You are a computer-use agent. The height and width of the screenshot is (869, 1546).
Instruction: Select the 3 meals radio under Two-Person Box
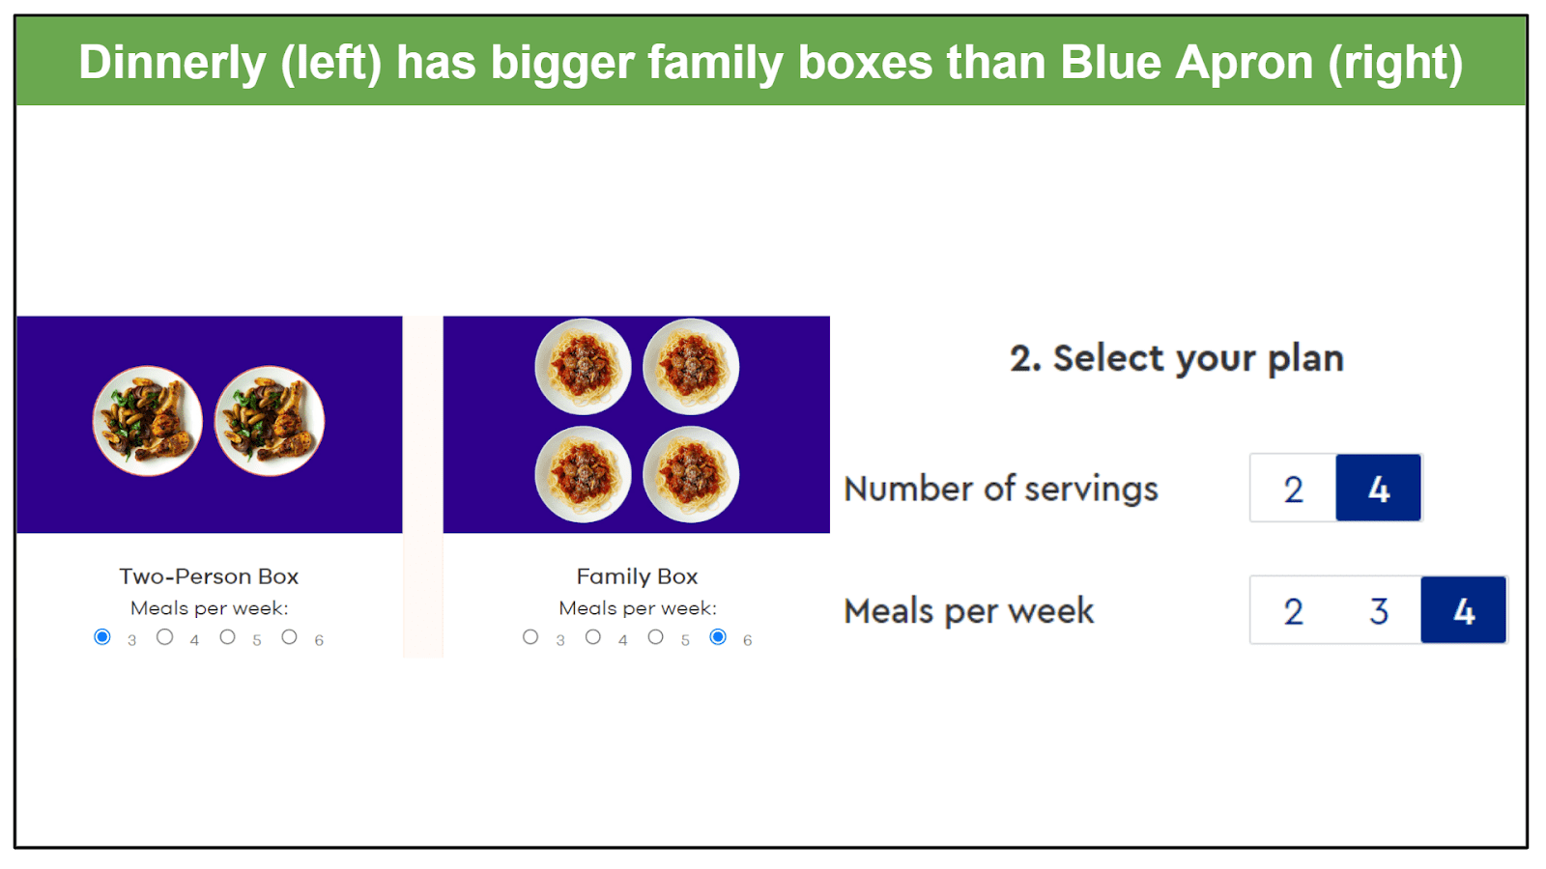pyautogui.click(x=102, y=637)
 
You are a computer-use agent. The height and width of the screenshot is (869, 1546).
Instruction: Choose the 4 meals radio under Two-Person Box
pyautogui.click(x=164, y=637)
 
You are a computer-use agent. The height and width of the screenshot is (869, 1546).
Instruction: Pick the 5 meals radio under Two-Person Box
pyautogui.click(x=227, y=637)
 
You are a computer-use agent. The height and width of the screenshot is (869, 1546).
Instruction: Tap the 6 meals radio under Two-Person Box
pyautogui.click(x=289, y=637)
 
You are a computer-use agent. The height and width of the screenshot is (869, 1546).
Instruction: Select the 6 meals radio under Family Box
pyautogui.click(x=718, y=637)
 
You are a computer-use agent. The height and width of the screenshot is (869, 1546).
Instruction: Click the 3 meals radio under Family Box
pyautogui.click(x=530, y=637)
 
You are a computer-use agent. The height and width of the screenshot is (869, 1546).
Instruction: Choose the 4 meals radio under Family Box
pyautogui.click(x=593, y=637)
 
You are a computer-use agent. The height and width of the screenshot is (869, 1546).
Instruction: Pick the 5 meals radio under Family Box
pyautogui.click(x=656, y=637)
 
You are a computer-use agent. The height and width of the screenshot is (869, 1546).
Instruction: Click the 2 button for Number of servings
pyautogui.click(x=1294, y=489)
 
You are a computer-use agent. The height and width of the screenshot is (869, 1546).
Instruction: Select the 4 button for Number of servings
pyautogui.click(x=1378, y=489)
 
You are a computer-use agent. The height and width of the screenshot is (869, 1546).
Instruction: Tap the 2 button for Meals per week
pyautogui.click(x=1294, y=610)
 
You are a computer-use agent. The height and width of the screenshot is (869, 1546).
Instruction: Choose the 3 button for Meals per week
pyautogui.click(x=1378, y=610)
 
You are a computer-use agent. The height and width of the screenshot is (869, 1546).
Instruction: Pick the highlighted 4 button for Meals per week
pyautogui.click(x=1464, y=610)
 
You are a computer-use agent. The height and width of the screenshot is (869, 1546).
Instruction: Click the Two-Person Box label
pyautogui.click(x=209, y=576)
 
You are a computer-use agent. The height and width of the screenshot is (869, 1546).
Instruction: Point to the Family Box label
pyautogui.click(x=637, y=576)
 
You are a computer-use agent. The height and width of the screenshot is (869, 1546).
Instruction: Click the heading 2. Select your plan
pyautogui.click(x=1177, y=358)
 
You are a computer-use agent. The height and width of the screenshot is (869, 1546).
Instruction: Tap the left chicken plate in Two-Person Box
pyautogui.click(x=148, y=421)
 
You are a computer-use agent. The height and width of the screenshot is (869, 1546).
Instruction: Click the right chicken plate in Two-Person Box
pyautogui.click(x=270, y=421)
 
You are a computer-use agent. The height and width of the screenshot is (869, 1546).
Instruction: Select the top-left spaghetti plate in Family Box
pyautogui.click(x=584, y=366)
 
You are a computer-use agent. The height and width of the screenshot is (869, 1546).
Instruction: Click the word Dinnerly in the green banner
pyautogui.click(x=173, y=62)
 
